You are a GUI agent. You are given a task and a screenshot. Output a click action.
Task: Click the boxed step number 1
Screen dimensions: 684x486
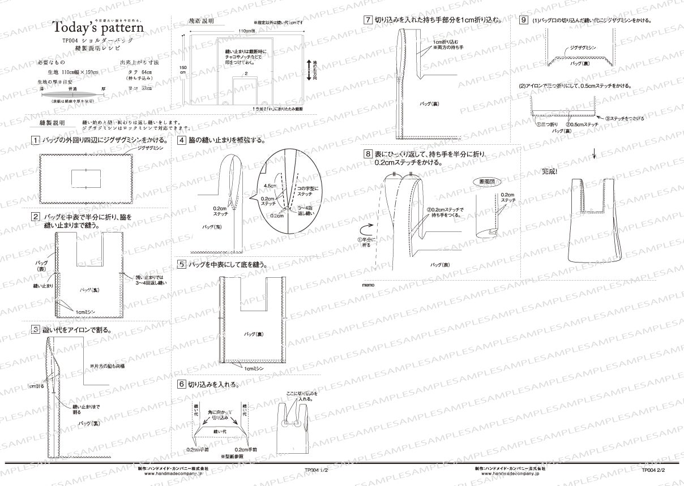36,140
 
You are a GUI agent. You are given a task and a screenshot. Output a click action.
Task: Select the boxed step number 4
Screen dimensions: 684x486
181,140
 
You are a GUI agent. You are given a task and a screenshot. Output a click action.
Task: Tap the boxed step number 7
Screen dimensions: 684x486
368,20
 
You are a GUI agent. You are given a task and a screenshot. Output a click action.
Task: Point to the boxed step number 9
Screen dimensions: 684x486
523,20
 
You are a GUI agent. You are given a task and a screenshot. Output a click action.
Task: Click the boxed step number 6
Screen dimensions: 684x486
181,384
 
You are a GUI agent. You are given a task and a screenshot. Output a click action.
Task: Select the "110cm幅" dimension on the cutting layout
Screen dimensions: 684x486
246,31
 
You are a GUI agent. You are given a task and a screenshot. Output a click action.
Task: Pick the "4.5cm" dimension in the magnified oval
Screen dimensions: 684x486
269,186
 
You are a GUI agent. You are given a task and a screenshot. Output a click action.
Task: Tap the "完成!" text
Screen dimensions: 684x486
550,171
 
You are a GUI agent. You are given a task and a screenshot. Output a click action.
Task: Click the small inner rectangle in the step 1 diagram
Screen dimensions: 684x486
85,177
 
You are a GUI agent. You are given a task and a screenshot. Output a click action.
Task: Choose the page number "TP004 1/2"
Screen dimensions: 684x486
316,470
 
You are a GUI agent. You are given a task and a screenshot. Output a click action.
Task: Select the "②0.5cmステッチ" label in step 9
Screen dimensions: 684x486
582,123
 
